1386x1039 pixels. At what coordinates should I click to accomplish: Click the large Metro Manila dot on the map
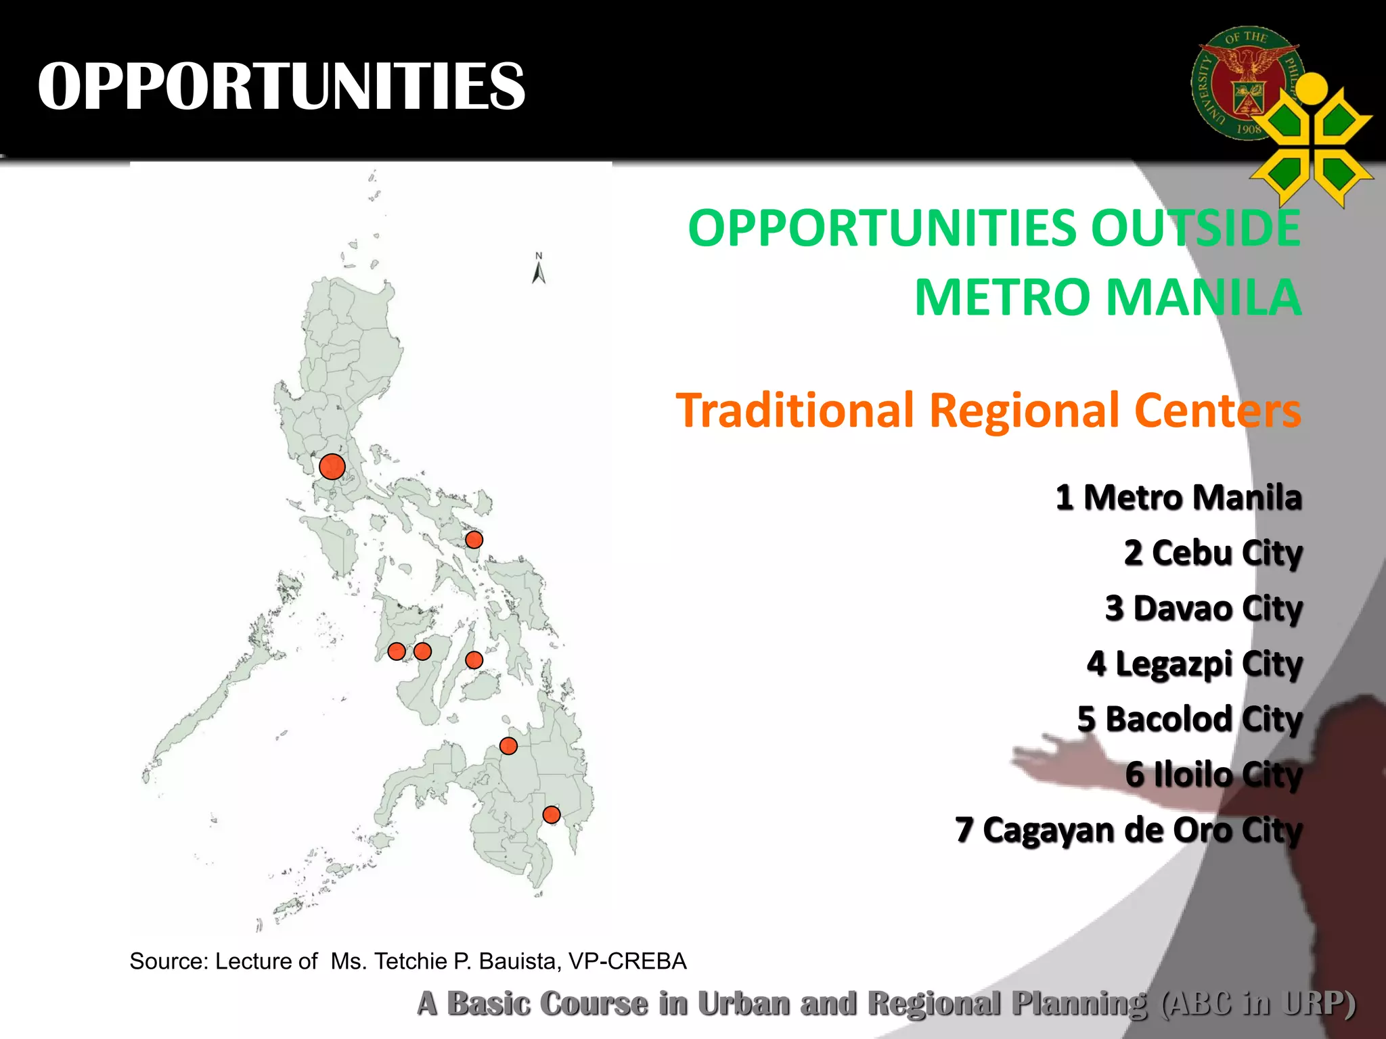click(x=332, y=466)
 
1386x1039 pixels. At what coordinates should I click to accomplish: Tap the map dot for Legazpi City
click(x=474, y=540)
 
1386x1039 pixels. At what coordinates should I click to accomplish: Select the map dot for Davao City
click(x=552, y=814)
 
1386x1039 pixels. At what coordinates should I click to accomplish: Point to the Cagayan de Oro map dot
click(x=508, y=745)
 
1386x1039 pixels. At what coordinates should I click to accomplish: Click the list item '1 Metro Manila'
click(x=1178, y=497)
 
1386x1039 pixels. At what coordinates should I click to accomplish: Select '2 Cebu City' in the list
click(x=1213, y=553)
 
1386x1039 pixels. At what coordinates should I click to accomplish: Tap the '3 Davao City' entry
click(x=1203, y=608)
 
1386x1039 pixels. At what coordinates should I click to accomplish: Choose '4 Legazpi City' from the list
click(x=1194, y=664)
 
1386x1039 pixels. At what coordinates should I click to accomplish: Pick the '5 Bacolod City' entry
click(x=1189, y=719)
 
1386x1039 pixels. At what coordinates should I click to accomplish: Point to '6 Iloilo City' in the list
click(x=1213, y=775)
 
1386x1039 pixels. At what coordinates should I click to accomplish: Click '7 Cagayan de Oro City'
click(x=1128, y=830)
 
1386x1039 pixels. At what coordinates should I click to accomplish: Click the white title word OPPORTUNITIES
click(x=282, y=86)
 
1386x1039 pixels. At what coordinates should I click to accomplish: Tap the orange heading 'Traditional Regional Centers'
click(x=988, y=410)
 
